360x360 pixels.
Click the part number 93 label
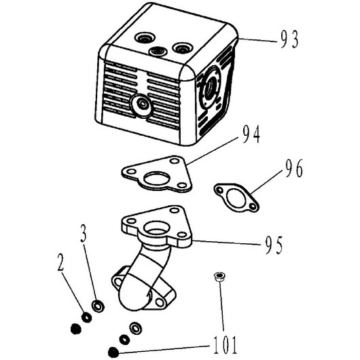(x=289, y=39)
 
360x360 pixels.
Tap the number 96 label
(x=294, y=168)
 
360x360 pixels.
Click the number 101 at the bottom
(x=225, y=345)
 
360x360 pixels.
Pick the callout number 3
(x=84, y=233)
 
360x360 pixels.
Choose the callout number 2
(x=60, y=262)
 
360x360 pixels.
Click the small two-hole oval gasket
(x=236, y=197)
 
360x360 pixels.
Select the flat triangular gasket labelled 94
(x=157, y=174)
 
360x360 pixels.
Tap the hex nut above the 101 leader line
(x=219, y=276)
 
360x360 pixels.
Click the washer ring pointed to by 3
(x=98, y=306)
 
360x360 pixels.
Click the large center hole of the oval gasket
(x=236, y=197)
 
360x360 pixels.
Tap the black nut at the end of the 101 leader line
(x=113, y=353)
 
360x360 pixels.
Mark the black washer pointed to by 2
(x=86, y=317)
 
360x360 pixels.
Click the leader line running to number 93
(x=257, y=40)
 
